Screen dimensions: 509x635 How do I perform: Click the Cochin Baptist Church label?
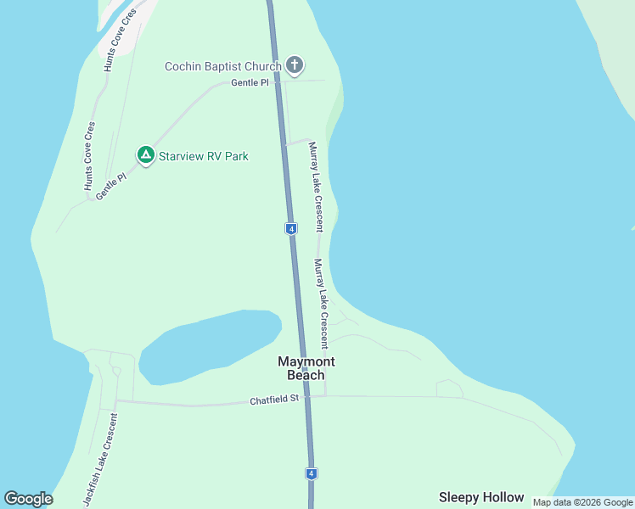click(222, 66)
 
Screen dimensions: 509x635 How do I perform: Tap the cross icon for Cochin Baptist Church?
click(295, 64)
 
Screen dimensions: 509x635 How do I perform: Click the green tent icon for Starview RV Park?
click(145, 155)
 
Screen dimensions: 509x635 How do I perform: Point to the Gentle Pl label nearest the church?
click(250, 83)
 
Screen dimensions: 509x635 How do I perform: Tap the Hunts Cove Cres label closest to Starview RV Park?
click(88, 155)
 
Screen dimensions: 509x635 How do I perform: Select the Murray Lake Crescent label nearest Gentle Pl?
click(316, 187)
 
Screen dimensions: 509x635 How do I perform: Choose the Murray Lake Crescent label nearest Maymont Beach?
click(321, 304)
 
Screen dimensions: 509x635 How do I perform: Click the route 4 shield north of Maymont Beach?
click(290, 229)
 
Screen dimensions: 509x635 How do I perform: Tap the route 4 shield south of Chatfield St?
click(312, 473)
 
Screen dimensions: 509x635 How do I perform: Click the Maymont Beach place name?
click(301, 368)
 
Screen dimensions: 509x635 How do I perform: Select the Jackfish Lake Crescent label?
click(99, 462)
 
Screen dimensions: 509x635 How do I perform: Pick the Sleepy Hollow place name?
click(480, 497)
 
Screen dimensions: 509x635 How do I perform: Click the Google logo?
click(28, 499)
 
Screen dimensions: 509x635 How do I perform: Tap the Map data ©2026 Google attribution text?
click(582, 502)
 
